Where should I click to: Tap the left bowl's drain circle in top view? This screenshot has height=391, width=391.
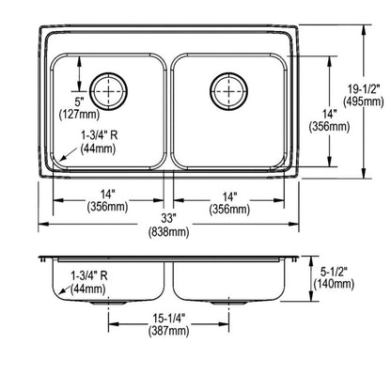pyautogui.click(x=111, y=90)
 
